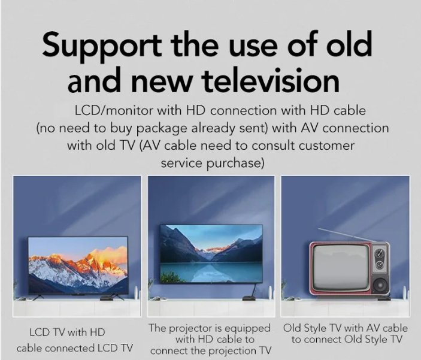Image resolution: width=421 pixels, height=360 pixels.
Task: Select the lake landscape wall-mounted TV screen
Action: pos(211,252)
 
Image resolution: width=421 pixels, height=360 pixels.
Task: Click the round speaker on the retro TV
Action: pos(379,280)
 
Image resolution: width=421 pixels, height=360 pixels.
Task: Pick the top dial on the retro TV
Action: pos(379,253)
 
